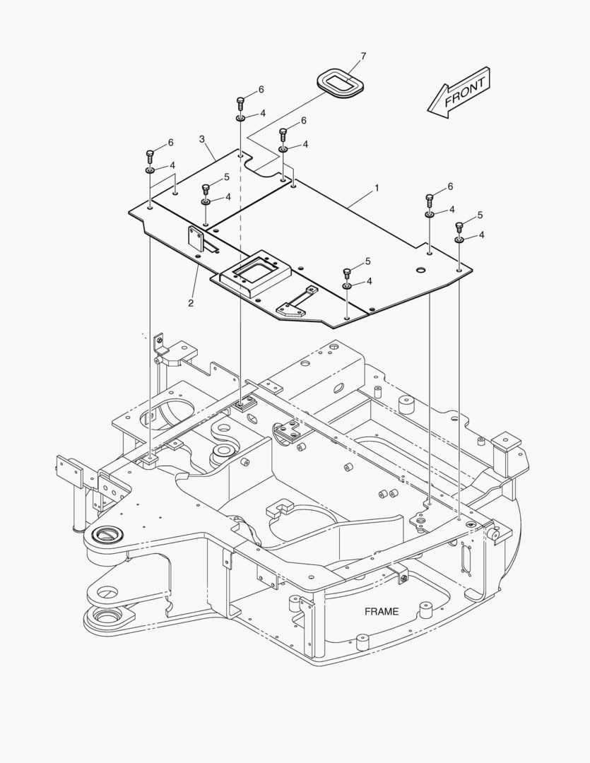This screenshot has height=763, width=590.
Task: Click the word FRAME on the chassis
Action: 382,612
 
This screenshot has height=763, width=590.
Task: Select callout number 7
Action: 363,56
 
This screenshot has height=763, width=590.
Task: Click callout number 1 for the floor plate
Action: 377,189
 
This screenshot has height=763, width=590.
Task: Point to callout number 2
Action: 191,303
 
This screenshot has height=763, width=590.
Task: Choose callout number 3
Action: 202,138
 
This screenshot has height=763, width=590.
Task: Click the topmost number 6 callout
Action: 261,90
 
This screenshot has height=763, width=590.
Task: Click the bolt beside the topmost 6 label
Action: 241,102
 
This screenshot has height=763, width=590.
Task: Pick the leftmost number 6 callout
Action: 170,143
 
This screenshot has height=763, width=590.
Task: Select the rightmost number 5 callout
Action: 480,215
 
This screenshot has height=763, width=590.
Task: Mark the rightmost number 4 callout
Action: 481,235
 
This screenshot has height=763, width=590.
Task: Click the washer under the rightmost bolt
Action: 459,240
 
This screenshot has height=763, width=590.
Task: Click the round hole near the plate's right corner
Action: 420,270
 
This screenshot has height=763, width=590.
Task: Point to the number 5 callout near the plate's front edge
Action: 368,262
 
